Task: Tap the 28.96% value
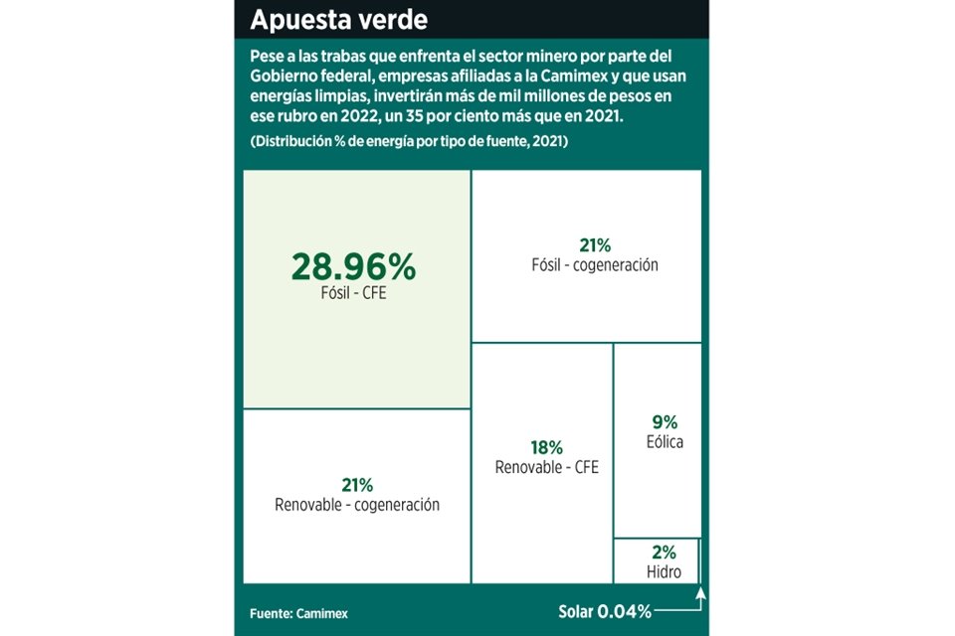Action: tap(353, 266)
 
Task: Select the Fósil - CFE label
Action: tap(353, 295)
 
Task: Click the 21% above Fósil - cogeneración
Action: tap(594, 245)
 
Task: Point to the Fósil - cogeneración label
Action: tap(594, 265)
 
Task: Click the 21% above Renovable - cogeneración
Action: tap(357, 485)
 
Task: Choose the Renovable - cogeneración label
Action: tap(357, 505)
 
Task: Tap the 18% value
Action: tap(546, 447)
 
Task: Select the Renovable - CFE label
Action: tap(546, 467)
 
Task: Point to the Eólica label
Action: tap(664, 442)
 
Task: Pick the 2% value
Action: tap(664, 552)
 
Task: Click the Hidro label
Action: tap(664, 571)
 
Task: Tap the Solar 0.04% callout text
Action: tap(605, 610)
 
